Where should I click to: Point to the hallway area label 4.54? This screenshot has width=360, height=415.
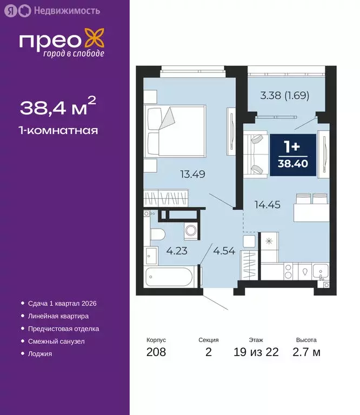click(224, 251)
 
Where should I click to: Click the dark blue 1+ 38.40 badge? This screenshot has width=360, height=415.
click(292, 155)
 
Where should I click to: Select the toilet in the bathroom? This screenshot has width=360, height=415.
click(156, 235)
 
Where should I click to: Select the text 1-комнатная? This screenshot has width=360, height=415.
click(58, 130)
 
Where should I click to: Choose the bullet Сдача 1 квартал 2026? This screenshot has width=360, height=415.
click(62, 304)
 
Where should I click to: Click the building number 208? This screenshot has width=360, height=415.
click(156, 353)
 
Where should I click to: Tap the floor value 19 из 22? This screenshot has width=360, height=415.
click(256, 353)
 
